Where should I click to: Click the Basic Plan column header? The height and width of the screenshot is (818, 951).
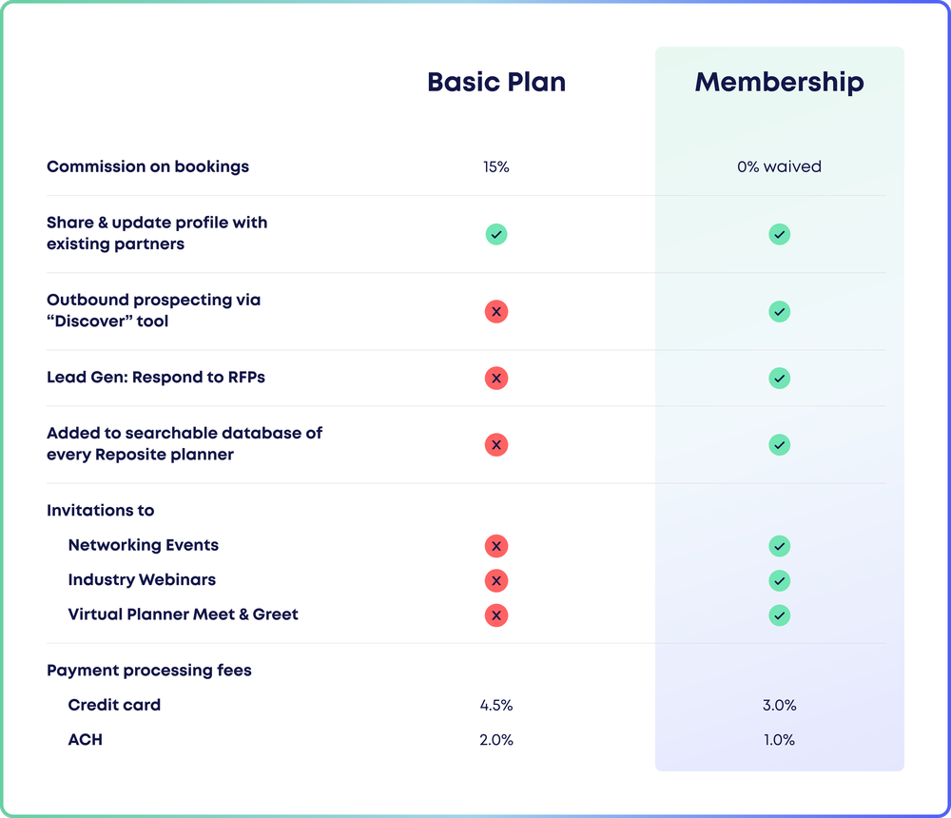496,83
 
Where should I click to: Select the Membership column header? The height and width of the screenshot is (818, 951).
779,83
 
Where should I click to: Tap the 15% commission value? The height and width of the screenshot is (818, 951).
495,166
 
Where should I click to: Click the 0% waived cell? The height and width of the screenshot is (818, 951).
779,166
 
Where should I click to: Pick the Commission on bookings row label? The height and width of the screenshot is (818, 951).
147,166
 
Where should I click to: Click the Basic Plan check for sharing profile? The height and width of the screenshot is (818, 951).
495,234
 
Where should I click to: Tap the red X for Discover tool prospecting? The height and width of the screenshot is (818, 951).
495,311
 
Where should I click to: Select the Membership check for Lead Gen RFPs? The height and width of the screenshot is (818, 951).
779,378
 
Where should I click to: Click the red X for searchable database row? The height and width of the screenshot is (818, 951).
495,444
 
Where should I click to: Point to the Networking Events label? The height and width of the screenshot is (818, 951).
143,545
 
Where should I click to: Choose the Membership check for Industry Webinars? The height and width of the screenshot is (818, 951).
779,580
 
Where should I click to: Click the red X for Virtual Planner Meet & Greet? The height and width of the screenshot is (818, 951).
495,614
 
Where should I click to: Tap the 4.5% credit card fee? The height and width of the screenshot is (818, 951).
495,705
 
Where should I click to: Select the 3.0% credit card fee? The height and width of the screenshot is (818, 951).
779,705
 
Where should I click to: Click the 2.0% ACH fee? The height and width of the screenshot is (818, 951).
495,739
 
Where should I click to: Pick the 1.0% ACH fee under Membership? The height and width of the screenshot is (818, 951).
779,739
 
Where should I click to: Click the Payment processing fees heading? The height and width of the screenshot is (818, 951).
149,671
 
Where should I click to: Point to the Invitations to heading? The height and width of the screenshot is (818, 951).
100,511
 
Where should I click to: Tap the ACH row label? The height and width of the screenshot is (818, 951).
85,739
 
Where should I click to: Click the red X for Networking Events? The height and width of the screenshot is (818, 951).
495,546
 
